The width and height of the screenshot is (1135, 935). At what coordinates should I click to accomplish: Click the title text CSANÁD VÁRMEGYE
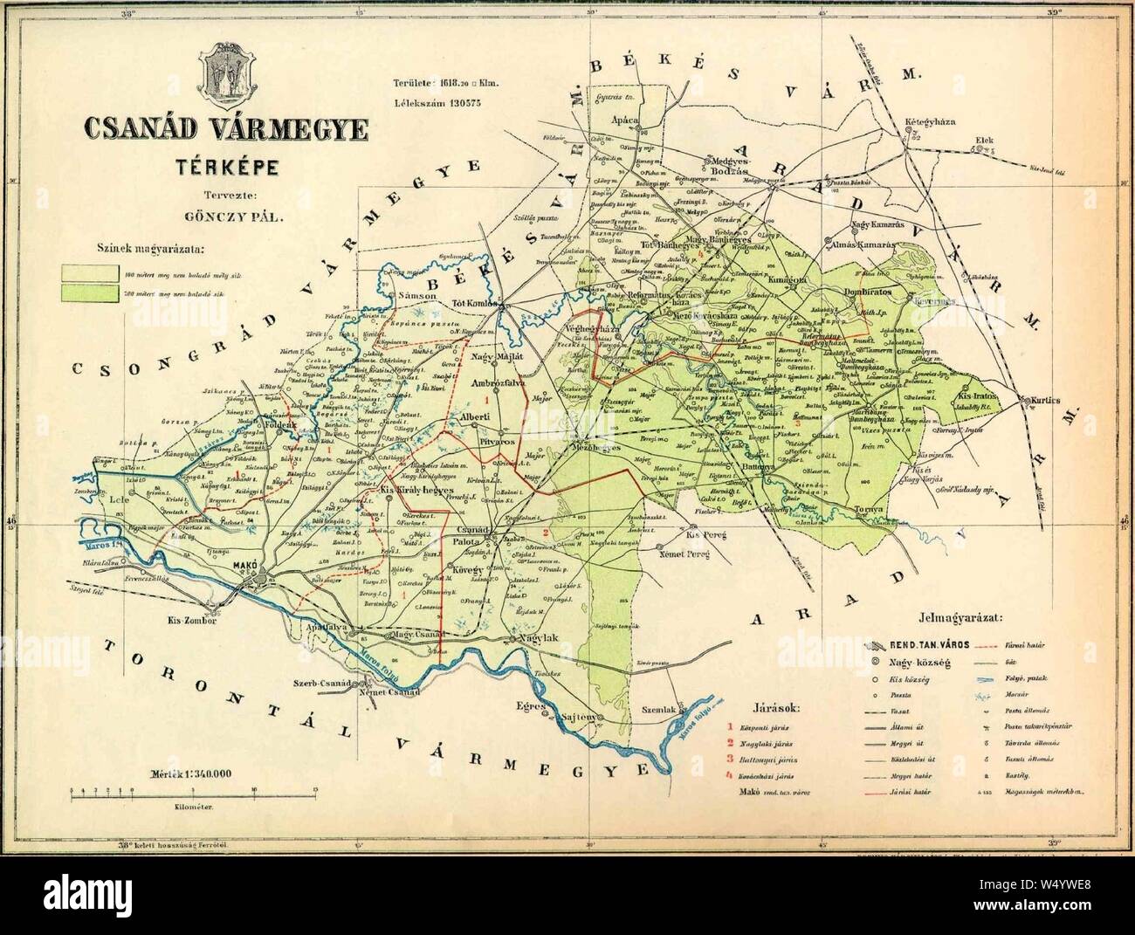(225, 127)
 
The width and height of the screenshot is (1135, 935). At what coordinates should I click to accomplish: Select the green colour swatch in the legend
(86, 293)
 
